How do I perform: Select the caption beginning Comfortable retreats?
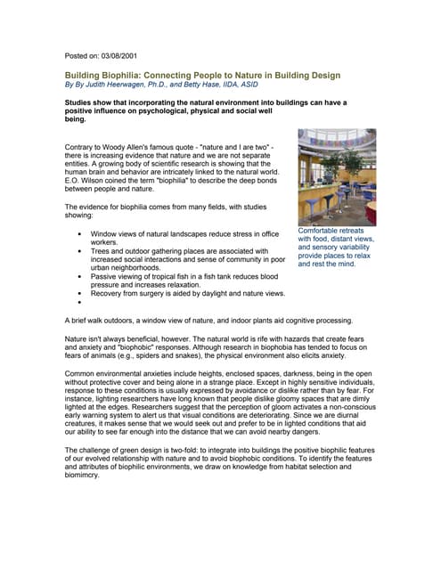[336, 247]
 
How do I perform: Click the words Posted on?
[83, 55]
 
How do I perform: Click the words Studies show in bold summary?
[91, 102]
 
